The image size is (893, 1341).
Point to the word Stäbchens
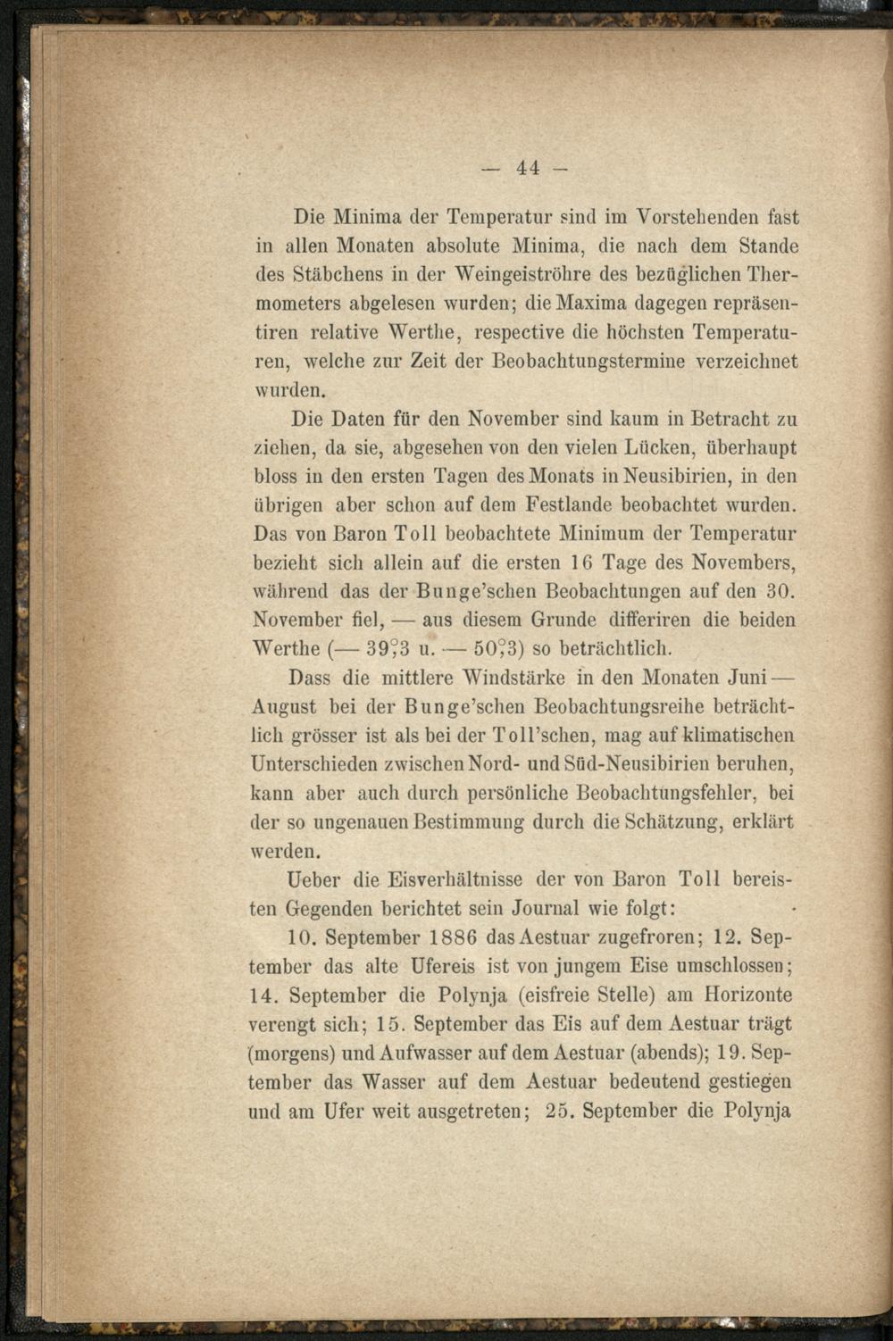(x=339, y=275)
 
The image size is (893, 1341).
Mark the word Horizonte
(x=748, y=995)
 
